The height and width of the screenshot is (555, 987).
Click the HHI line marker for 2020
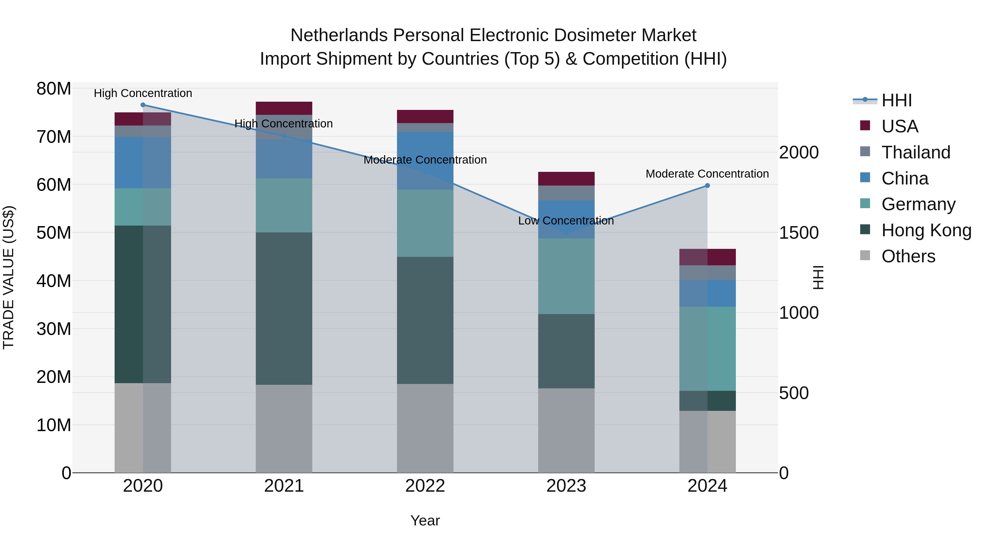pyautogui.click(x=143, y=105)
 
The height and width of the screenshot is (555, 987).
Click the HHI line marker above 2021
pyautogui.click(x=284, y=136)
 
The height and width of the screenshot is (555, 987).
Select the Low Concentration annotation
pyautogui.click(x=566, y=221)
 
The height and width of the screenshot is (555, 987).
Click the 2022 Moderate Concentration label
pyautogui.click(x=425, y=160)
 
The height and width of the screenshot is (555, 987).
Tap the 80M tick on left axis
pyautogui.click(x=54, y=89)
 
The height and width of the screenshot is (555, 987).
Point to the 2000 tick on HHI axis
pyautogui.click(x=799, y=152)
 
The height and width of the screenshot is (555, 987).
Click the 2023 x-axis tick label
pyautogui.click(x=566, y=486)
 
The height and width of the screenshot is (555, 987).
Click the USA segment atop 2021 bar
pyautogui.click(x=284, y=108)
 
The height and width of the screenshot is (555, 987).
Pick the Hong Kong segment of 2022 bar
pyautogui.click(x=425, y=320)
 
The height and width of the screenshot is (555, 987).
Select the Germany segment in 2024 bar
pyautogui.click(x=707, y=349)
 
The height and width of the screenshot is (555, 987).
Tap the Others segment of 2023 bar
pyautogui.click(x=566, y=431)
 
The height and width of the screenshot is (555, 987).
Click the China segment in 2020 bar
pyautogui.click(x=143, y=163)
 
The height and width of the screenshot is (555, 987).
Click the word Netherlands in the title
pyautogui.click(x=339, y=36)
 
